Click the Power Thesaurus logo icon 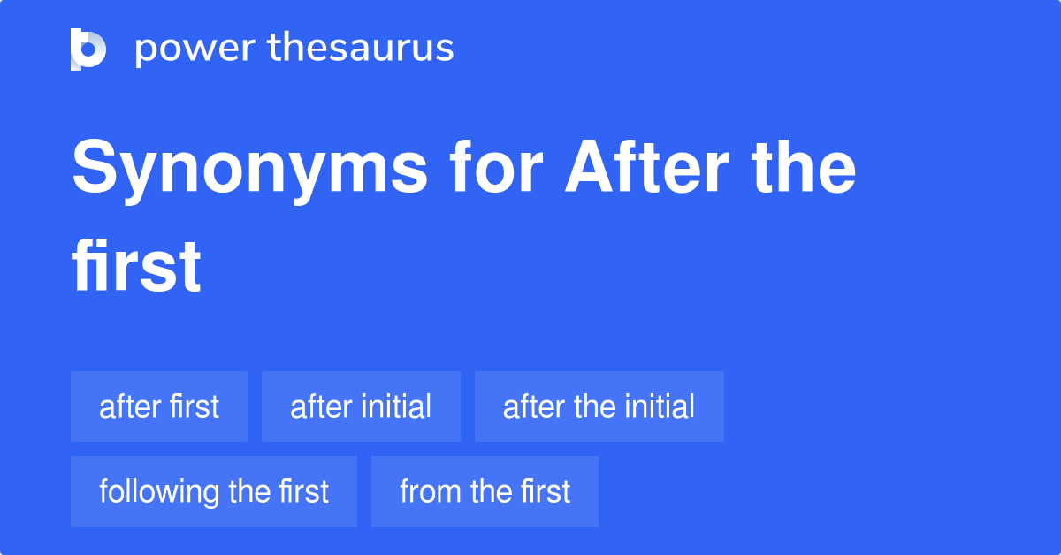88,49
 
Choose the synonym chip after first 159,407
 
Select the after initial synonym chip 361,407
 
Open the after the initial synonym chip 599,407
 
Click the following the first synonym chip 214,491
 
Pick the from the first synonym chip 485,491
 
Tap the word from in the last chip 430,491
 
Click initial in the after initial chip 396,407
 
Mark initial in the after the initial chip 660,407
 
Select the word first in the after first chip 195,407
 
